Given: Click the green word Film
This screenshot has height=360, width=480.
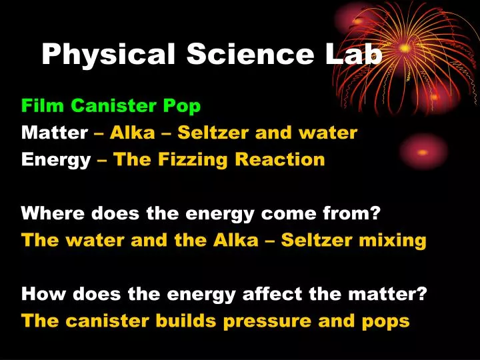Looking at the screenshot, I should pyautogui.click(x=43, y=105).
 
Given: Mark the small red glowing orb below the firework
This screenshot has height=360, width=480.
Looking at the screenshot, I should pyautogui.click(x=423, y=151).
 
